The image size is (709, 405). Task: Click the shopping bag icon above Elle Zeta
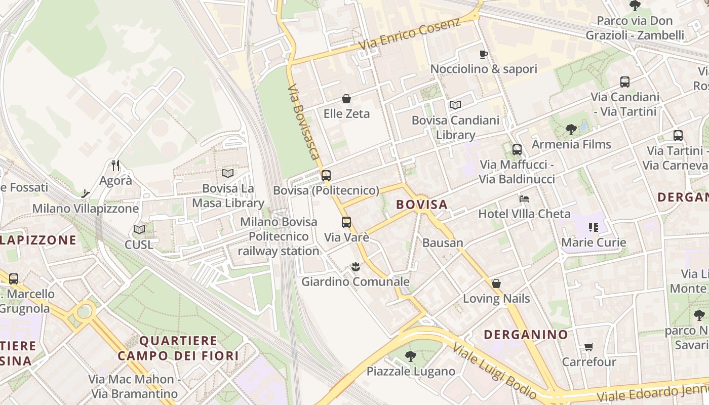click(346, 99)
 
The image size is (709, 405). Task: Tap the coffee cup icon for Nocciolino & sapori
click(484, 54)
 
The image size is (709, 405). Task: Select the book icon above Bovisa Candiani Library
click(455, 105)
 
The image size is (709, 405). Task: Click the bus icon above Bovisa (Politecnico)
click(326, 176)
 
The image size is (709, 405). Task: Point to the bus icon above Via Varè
click(346, 222)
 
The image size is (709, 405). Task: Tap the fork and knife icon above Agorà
click(115, 165)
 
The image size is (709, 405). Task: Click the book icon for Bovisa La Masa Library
click(228, 173)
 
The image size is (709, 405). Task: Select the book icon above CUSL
click(139, 229)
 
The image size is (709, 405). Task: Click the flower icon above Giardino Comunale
click(356, 266)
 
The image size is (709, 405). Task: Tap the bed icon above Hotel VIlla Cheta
click(524, 198)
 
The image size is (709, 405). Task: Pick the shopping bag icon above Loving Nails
click(496, 283)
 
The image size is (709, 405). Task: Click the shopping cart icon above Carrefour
click(588, 347)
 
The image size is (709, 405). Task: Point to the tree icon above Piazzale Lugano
click(411, 356)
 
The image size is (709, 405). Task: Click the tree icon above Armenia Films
click(571, 130)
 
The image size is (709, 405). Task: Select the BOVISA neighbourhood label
click(422, 205)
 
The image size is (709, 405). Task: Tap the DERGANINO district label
click(526, 335)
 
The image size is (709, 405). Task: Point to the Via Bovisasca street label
click(304, 122)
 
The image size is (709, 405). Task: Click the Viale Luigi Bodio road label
click(494, 370)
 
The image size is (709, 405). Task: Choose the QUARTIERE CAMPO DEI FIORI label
click(178, 348)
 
